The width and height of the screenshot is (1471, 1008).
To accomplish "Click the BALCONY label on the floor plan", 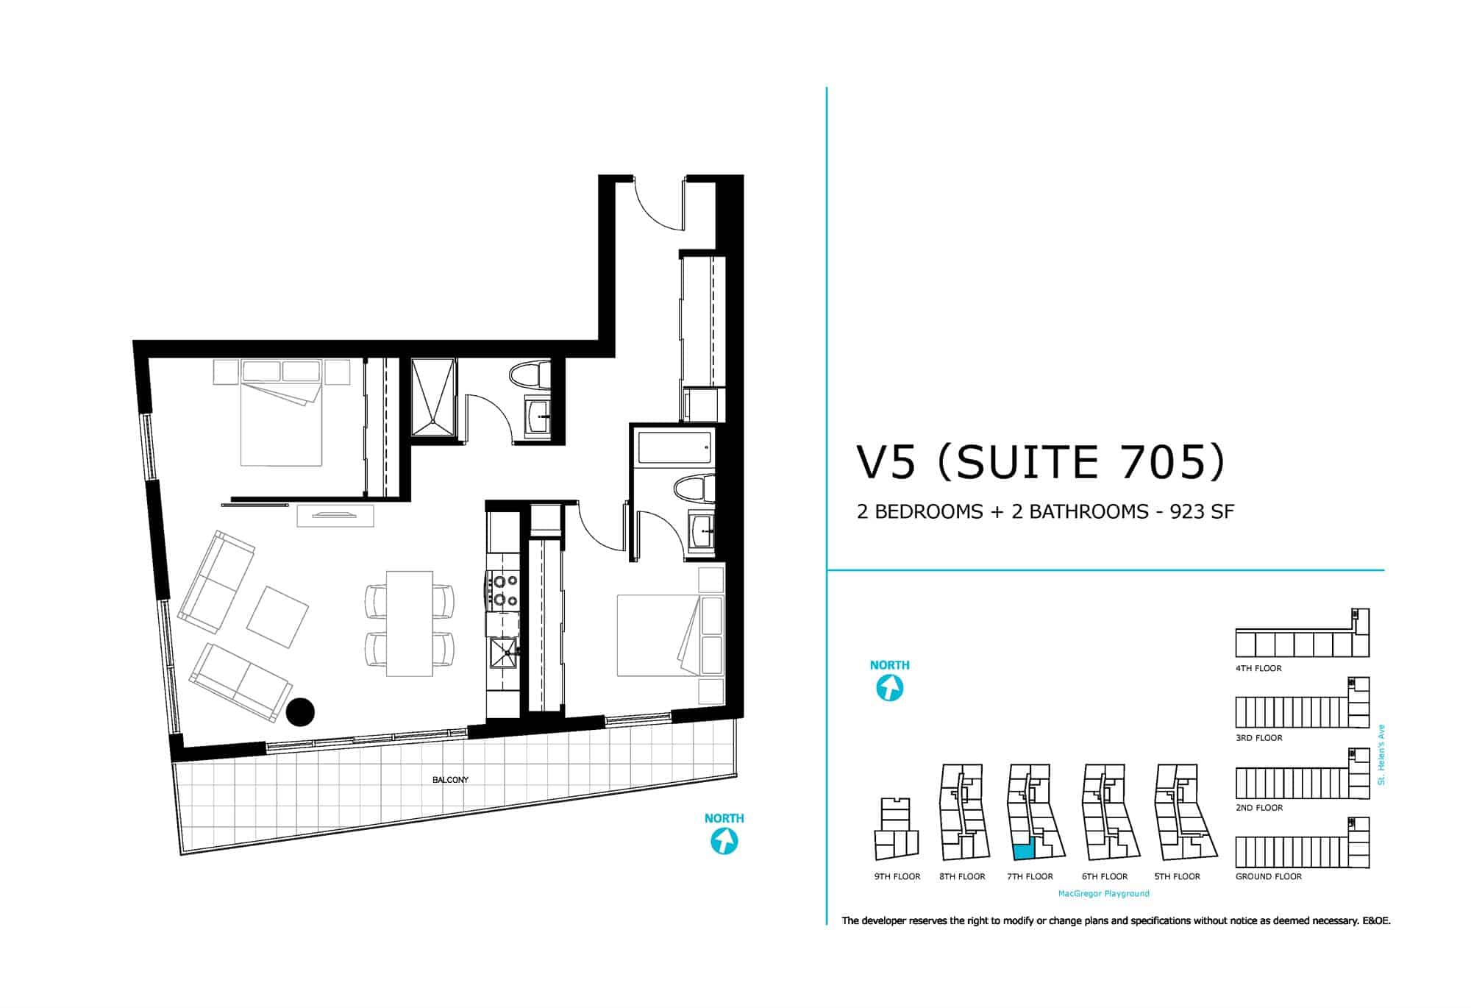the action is (x=450, y=780).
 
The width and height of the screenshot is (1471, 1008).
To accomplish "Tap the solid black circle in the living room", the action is (x=300, y=711).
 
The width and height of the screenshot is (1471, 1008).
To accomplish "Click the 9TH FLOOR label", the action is (x=897, y=876).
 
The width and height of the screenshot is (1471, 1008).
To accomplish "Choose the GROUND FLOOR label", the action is (x=1269, y=876).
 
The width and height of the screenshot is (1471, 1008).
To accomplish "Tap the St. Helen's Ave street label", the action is (x=1381, y=755).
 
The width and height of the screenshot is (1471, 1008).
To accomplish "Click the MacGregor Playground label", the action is (x=1103, y=893).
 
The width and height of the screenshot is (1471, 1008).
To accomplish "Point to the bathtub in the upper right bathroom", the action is (x=675, y=448).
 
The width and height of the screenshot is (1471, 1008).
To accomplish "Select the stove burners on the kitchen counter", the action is (x=504, y=589).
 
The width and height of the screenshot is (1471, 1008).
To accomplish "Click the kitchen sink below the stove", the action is (x=504, y=651).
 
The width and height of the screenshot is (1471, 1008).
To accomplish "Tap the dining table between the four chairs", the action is (x=410, y=623).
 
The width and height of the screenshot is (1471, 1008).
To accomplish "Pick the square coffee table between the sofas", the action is (x=277, y=617).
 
